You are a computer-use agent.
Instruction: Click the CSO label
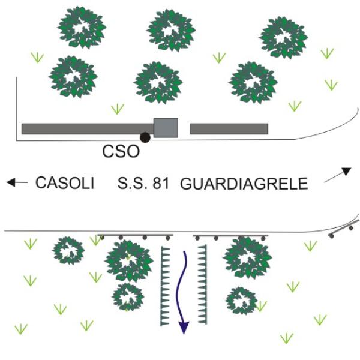tap(121, 151)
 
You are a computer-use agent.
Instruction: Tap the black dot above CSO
tap(145, 137)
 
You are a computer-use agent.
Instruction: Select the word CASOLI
tap(65, 183)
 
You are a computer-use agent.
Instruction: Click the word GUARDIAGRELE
tap(244, 184)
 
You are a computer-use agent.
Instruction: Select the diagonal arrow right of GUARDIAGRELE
tap(338, 175)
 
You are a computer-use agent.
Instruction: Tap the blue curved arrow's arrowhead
tap(184, 327)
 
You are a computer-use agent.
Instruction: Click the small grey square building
tap(166, 128)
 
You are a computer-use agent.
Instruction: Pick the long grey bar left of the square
tap(87, 128)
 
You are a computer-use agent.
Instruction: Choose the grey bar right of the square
tap(229, 128)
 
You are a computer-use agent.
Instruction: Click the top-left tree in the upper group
tap(81, 27)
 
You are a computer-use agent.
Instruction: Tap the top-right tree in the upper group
tap(284, 37)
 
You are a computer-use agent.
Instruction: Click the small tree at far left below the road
tap(68, 250)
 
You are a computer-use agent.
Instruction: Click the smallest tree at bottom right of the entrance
tap(241, 300)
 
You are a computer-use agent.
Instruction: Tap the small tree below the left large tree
tap(128, 296)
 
